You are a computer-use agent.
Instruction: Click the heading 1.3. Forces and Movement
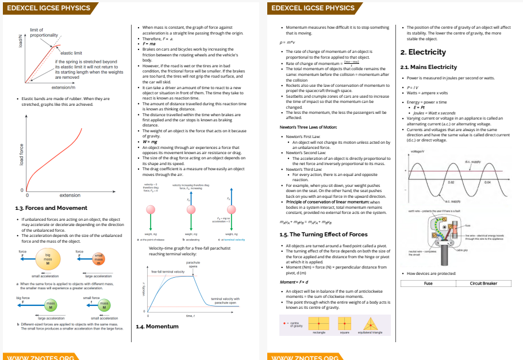pyautogui.click(x=52, y=208)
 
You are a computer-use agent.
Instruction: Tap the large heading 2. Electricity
pyautogui.click(x=423, y=52)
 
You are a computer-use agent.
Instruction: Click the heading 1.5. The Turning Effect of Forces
pyautogui.click(x=323, y=235)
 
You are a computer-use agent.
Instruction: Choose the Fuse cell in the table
pyautogui.click(x=428, y=284)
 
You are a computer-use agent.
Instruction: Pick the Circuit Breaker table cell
pyautogui.click(x=483, y=284)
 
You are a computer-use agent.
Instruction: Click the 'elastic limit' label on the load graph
pyautogui.click(x=71, y=53)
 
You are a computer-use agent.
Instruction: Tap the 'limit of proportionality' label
pyautogui.click(x=40, y=33)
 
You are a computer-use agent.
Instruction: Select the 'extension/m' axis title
pyautogui.click(x=63, y=87)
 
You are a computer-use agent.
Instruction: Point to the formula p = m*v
pyautogui.click(x=287, y=42)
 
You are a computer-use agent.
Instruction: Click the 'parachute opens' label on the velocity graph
pyautogui.click(x=193, y=265)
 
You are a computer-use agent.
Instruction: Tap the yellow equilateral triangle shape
pyautogui.click(x=370, y=323)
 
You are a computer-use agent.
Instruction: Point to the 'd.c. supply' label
pyautogui.click(x=472, y=162)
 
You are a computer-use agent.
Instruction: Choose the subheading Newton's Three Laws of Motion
pyautogui.click(x=304, y=127)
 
